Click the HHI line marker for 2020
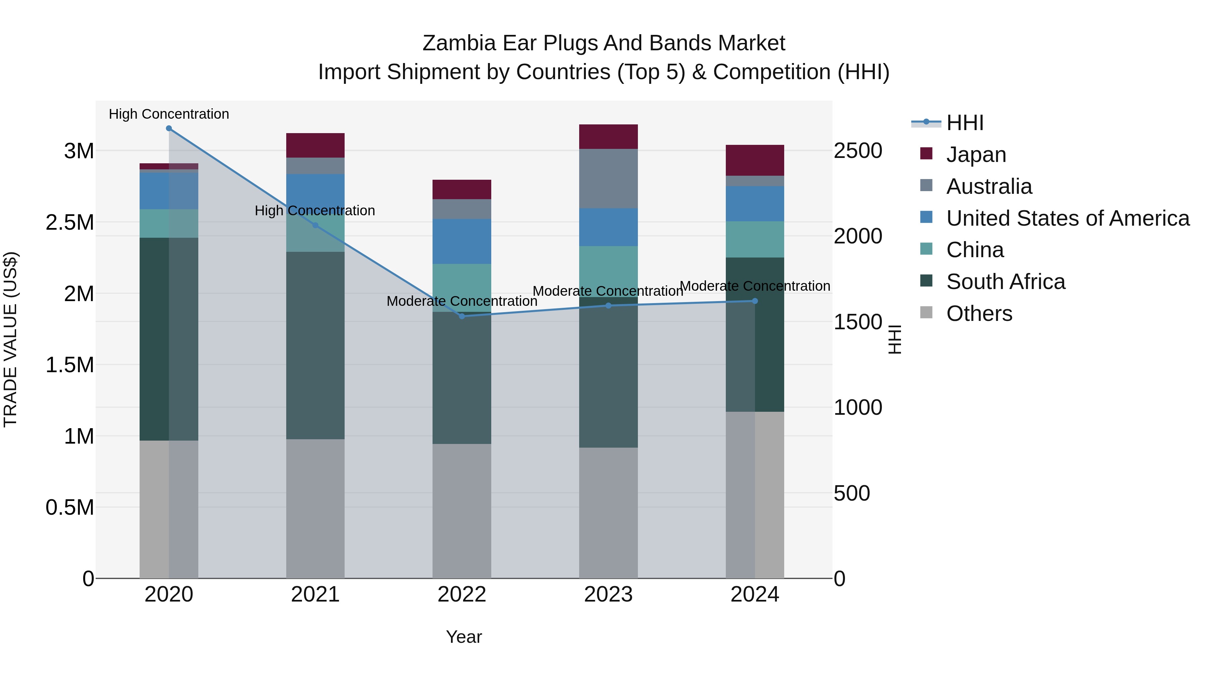point(169,128)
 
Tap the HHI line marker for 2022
point(462,316)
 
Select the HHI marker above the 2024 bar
point(755,301)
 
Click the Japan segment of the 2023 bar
point(608,137)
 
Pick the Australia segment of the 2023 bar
point(608,178)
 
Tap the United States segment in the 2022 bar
point(462,241)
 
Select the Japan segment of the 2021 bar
point(315,145)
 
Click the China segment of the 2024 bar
point(755,239)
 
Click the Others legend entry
point(979,314)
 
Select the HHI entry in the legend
point(965,123)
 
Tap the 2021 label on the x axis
point(315,595)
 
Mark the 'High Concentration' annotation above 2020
point(169,114)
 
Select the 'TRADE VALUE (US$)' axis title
point(10,339)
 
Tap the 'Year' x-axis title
point(464,637)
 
